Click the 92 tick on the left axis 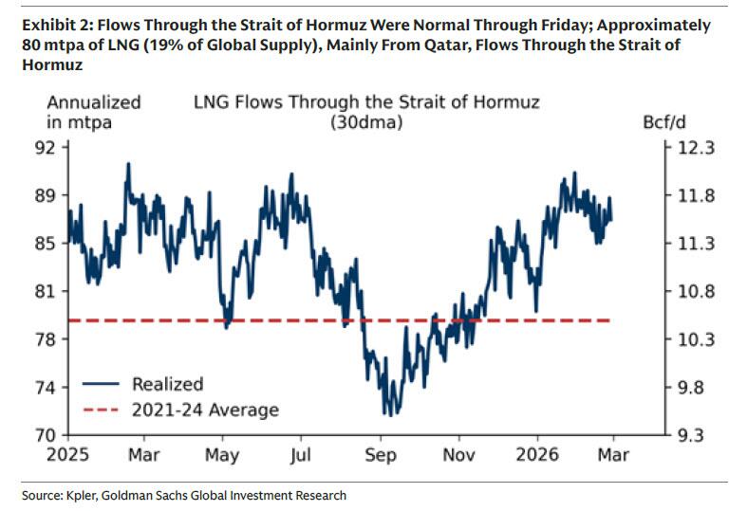coord(52,148)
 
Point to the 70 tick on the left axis coord(52,435)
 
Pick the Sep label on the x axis coord(381,455)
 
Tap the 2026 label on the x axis coord(538,455)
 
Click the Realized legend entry coord(167,384)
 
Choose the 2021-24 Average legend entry coord(205,410)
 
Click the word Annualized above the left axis coord(94,102)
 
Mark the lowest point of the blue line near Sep coord(385,414)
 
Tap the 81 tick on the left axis coord(52,291)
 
